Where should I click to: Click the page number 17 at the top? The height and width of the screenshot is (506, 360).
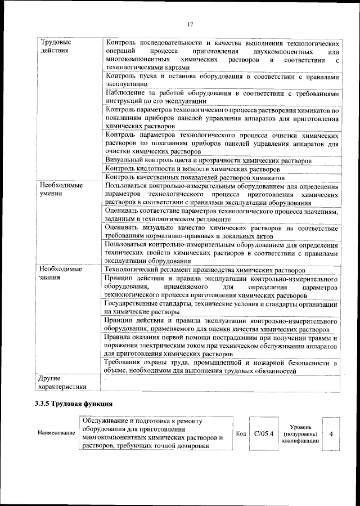tap(191, 24)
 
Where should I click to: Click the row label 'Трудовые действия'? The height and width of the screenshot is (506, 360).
tap(55, 46)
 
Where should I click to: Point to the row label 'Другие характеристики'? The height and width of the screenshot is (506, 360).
tap(63, 383)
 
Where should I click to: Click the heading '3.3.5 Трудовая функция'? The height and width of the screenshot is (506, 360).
tap(73, 404)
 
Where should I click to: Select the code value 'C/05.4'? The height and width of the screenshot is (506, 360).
tap(263, 433)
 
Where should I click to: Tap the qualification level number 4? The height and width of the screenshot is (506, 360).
tap(331, 434)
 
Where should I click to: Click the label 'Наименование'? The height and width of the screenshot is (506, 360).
tap(56, 433)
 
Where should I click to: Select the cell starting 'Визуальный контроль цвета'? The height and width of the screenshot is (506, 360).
tap(208, 160)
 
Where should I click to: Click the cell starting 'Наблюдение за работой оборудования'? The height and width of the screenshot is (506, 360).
tap(222, 96)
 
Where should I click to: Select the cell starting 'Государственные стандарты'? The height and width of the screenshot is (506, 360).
tap(222, 307)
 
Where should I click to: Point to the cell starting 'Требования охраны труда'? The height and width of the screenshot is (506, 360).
tap(222, 367)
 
